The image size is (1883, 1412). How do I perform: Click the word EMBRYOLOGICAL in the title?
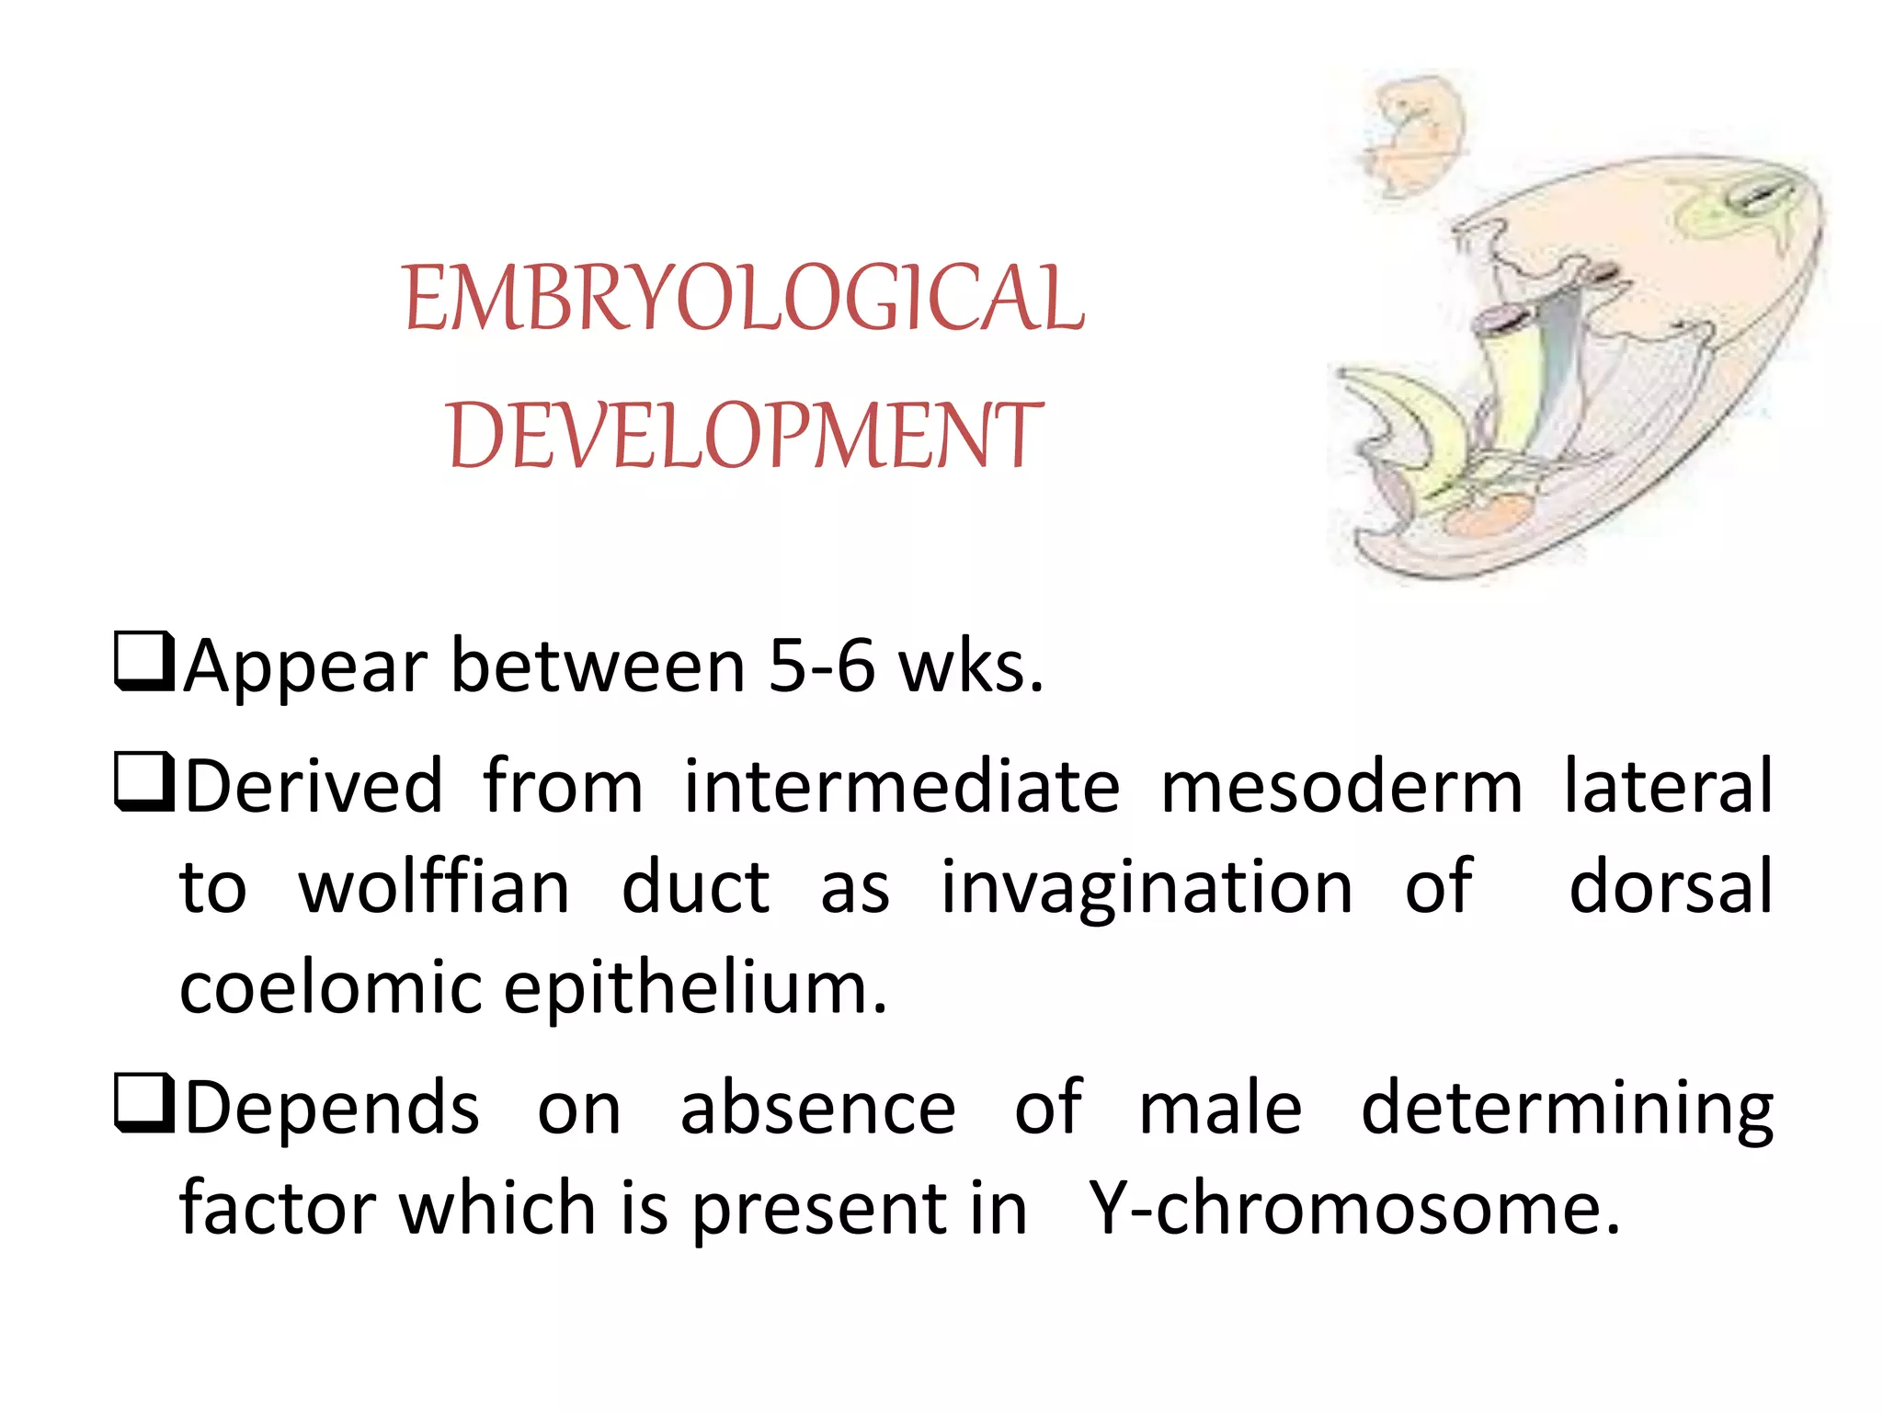(744, 298)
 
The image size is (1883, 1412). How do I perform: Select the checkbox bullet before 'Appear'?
(144, 662)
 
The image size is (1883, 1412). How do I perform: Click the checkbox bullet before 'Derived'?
(144, 783)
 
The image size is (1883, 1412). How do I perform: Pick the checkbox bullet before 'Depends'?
(144, 1104)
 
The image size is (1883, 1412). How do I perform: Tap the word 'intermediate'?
(902, 787)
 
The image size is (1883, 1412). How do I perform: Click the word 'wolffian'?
(434, 888)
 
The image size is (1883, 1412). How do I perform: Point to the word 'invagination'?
(1147, 890)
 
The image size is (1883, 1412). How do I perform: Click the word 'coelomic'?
(330, 987)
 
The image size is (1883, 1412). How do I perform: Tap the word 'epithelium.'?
(696, 989)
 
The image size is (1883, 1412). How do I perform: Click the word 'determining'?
(1567, 1110)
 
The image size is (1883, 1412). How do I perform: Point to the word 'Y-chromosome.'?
(1353, 1208)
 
